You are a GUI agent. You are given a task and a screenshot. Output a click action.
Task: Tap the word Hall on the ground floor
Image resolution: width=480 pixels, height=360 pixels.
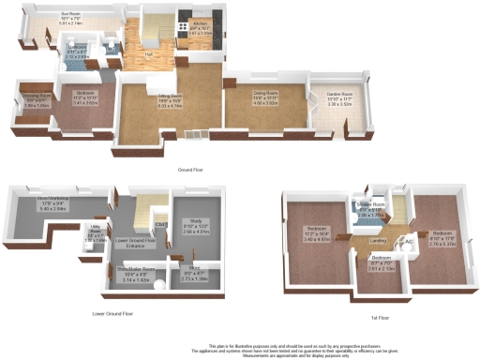(x=149, y=55)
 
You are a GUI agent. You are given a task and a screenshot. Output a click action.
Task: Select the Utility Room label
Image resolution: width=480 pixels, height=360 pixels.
(x=96, y=230)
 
